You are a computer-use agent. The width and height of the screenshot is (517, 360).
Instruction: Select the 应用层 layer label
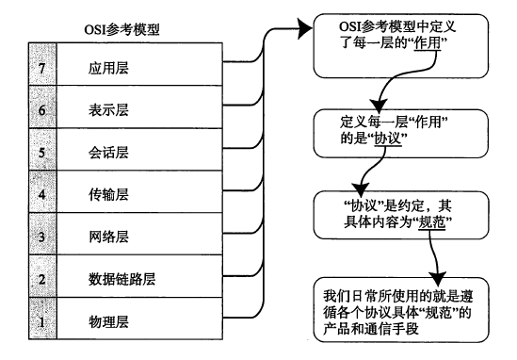click(x=103, y=71)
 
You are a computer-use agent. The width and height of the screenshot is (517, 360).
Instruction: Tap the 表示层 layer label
click(x=103, y=110)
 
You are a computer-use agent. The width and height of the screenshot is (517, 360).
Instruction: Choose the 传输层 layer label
click(x=103, y=194)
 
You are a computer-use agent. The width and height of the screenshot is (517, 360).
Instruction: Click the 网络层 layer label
click(x=103, y=237)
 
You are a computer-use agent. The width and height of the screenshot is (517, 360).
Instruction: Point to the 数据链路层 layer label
click(x=116, y=279)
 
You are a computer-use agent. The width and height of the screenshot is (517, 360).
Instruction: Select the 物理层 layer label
click(x=103, y=321)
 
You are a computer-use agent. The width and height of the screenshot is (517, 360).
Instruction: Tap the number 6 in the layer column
click(x=15, y=111)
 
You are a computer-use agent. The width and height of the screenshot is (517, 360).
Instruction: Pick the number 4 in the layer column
click(x=15, y=195)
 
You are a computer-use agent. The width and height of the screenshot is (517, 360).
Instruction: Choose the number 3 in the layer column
click(x=15, y=237)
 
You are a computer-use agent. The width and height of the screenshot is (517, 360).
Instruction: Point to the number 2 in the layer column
click(x=15, y=280)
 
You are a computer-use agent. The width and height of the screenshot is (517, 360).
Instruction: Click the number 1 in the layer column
click(x=15, y=322)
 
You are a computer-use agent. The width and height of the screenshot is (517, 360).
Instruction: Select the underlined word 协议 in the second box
click(x=388, y=139)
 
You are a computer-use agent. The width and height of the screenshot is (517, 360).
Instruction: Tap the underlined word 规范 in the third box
click(x=430, y=223)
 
